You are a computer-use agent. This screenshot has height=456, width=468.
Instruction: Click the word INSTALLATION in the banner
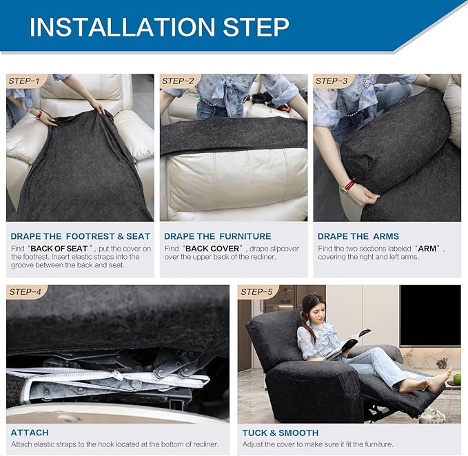click(123, 27)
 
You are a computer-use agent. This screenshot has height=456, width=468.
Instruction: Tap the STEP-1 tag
click(25, 81)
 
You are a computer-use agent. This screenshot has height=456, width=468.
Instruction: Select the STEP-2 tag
click(179, 81)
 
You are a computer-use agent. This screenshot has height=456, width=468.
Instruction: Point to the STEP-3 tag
click(332, 81)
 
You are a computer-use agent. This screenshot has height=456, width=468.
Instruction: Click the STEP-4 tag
click(25, 291)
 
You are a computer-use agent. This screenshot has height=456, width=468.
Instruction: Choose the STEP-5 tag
click(256, 291)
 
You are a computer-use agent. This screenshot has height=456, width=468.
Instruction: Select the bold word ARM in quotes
click(427, 249)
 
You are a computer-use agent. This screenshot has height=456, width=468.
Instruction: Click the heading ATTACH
click(30, 433)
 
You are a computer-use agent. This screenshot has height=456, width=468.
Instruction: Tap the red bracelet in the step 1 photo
click(39, 114)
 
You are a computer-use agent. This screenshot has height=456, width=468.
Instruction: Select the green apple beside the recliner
click(457, 380)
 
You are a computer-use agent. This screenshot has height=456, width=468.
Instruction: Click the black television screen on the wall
click(430, 315)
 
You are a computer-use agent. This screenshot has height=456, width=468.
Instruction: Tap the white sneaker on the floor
click(432, 415)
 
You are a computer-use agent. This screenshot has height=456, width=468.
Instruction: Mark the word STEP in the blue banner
click(256, 27)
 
